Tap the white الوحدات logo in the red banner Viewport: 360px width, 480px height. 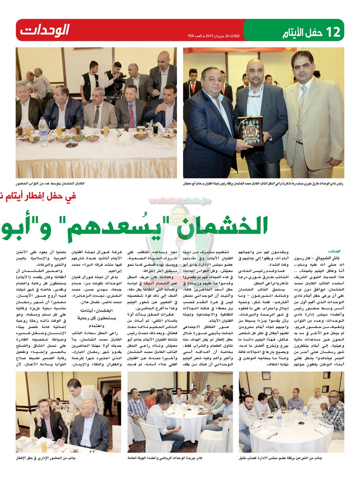coord(44,30)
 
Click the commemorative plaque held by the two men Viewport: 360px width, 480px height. coord(250,131)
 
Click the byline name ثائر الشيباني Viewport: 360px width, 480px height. coord(327,258)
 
